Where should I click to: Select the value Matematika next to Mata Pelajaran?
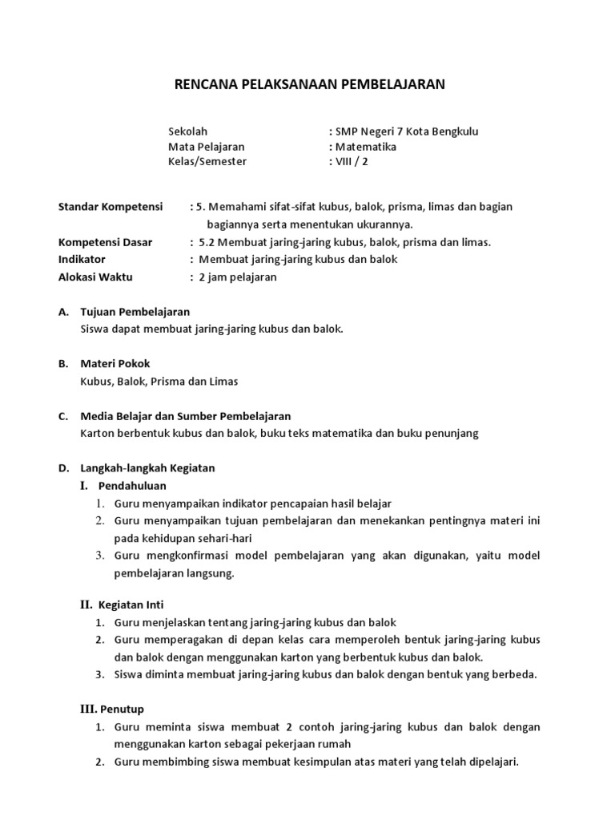(365, 147)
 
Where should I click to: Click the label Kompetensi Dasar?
(105, 242)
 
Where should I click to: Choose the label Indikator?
(82, 260)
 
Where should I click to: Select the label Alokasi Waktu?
(96, 277)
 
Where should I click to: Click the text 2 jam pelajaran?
(237, 277)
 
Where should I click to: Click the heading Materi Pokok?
(115, 364)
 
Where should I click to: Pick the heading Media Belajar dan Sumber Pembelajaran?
(186, 416)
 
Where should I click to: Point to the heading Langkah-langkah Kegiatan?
(147, 467)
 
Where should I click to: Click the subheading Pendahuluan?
(132, 486)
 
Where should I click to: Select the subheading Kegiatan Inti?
(131, 605)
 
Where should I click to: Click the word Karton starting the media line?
(97, 434)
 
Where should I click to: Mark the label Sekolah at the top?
(188, 132)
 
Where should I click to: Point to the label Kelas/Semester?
(207, 161)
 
